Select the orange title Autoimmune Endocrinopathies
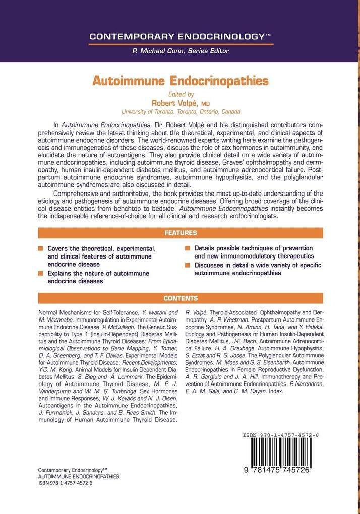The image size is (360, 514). click(x=180, y=81)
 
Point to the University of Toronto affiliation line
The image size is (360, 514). click(x=181, y=112)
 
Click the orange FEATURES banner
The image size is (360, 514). click(x=180, y=233)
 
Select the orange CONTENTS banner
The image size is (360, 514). click(x=180, y=298)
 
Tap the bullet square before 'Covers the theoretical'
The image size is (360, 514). click(x=41, y=248)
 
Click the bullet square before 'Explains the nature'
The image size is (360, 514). click(x=41, y=273)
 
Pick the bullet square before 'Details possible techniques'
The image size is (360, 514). click(x=188, y=248)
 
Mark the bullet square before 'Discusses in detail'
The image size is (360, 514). click(x=188, y=265)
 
